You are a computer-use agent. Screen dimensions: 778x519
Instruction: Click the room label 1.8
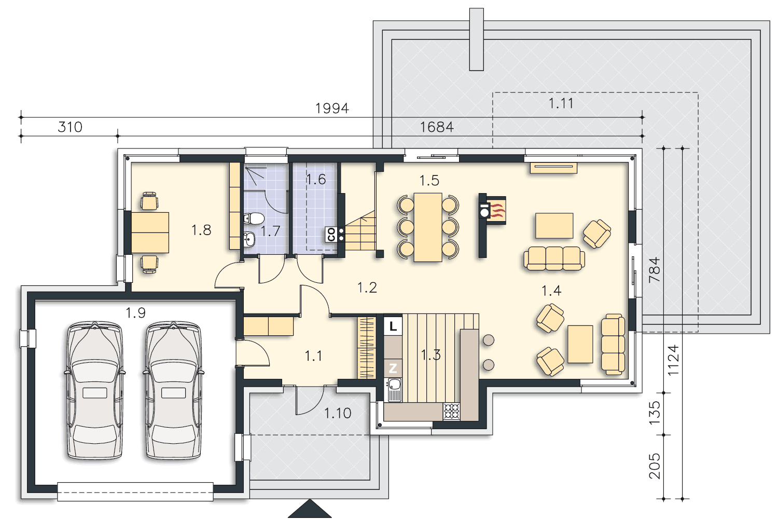(x=201, y=230)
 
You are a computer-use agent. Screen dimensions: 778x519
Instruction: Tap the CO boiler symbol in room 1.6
(x=331, y=234)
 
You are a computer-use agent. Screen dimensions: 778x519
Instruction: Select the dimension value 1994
(x=332, y=108)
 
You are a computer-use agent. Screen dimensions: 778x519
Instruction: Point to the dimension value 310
(x=70, y=127)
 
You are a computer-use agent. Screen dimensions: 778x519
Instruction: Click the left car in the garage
(x=95, y=390)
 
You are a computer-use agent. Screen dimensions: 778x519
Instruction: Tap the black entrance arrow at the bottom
(x=310, y=509)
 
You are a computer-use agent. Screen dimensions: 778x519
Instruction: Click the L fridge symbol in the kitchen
(x=393, y=326)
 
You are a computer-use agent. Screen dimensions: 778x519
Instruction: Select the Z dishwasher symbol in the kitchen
(x=393, y=368)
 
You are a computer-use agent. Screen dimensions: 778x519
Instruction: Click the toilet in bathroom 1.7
(x=254, y=218)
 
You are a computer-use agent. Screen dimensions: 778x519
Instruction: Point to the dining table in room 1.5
(x=428, y=227)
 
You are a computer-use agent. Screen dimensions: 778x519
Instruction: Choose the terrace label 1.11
(x=561, y=103)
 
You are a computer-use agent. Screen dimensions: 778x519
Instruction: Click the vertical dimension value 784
(x=655, y=270)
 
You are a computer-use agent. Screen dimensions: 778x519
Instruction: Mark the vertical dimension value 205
(x=655, y=466)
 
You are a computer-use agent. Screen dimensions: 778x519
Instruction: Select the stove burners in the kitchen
(x=452, y=411)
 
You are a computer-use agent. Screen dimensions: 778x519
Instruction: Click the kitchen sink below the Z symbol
(x=394, y=389)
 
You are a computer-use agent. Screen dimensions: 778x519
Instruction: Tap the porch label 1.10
(x=338, y=413)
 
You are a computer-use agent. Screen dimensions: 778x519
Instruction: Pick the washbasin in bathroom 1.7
(x=249, y=239)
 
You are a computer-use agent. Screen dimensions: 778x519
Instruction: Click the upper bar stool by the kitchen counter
(x=489, y=340)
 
